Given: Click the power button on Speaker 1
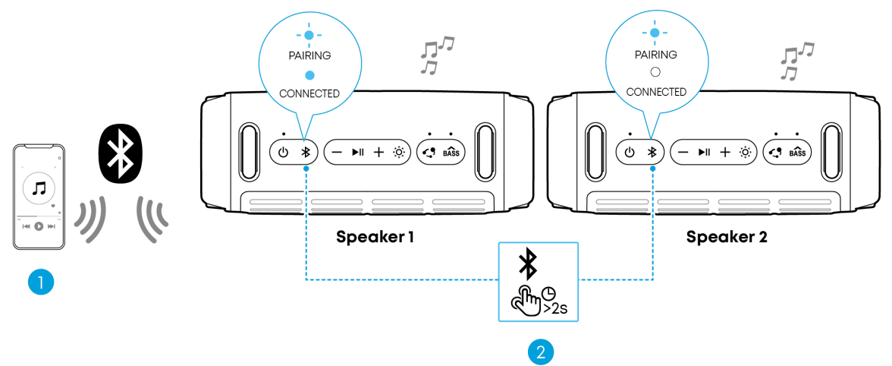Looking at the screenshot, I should coord(283,152).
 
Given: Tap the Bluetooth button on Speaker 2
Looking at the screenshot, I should coord(651,152).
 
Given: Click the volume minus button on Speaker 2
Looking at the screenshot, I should coord(683,152).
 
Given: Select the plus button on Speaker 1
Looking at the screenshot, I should coord(378,152).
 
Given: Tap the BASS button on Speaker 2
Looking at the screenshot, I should coord(797,152).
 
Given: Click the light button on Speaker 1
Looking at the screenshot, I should coord(399,152).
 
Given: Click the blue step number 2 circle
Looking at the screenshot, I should coord(539,352).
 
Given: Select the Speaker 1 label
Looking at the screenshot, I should coord(375,237).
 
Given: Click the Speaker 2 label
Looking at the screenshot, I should coord(727,237).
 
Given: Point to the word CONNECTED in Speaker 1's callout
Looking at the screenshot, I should coord(309,93).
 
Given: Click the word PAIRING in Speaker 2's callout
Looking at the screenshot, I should coord(656,55).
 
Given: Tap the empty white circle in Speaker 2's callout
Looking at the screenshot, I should coord(656,73).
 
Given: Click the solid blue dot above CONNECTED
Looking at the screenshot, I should coord(309,74).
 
